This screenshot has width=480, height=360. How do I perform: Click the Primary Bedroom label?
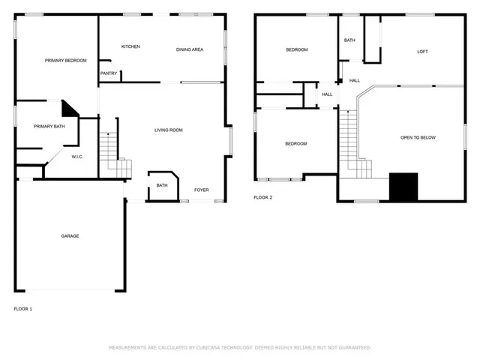point(65,61)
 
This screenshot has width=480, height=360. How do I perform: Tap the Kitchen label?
point(130,46)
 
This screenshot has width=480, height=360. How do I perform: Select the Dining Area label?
point(190,49)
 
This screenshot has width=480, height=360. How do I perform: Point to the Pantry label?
point(108,73)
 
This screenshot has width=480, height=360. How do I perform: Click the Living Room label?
point(169,130)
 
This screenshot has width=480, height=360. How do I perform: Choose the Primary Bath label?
point(49,127)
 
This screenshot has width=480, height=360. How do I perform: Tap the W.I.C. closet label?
point(77,157)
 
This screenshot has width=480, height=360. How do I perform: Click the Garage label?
point(70,236)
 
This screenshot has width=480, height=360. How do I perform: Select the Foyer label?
point(202,190)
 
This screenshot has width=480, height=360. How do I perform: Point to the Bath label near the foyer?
point(162,185)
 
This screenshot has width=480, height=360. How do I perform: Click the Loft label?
point(422,52)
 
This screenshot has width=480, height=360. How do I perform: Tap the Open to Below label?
point(418,138)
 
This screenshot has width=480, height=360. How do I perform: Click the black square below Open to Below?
point(403,187)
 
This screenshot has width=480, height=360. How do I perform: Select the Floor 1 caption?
point(23,308)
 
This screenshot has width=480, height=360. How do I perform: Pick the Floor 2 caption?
point(262,197)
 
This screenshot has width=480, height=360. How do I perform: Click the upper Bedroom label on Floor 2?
point(296,50)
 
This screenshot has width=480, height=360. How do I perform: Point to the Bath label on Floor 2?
point(349,40)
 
